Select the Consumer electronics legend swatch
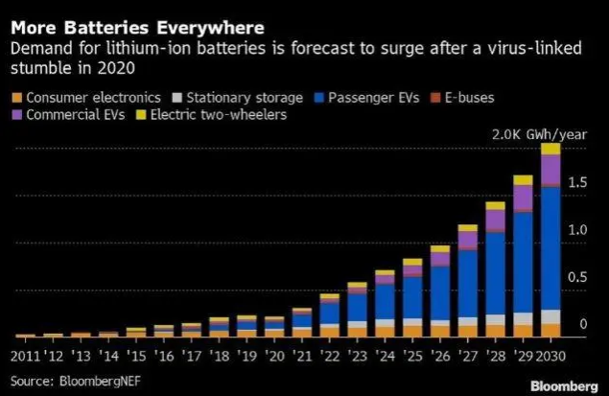pos(18,98)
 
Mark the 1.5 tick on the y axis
pos(577,182)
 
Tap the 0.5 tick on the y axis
pos(577,278)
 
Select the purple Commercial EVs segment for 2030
pos(550,168)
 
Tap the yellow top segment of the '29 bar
pos(523,180)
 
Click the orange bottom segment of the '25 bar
pos(412,331)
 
